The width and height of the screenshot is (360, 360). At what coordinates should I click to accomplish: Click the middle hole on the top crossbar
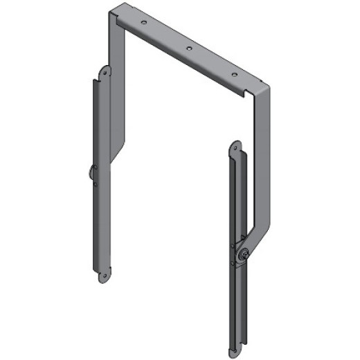(188, 48)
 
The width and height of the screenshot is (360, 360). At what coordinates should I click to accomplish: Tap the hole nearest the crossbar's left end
(143, 24)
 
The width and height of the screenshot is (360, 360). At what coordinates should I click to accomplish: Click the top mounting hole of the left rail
(105, 72)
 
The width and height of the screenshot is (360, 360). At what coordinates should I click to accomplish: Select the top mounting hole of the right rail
(234, 148)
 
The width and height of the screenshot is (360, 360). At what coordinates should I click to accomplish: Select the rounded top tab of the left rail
(105, 70)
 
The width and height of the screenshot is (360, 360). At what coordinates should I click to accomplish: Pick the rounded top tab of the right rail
(234, 145)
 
